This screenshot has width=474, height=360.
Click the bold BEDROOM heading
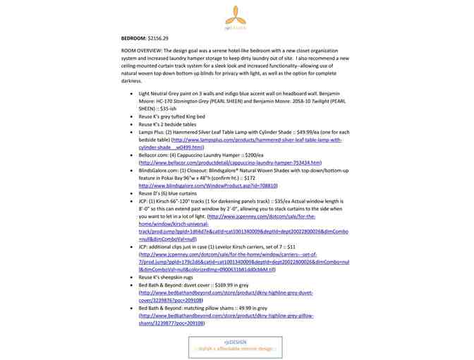(x=133, y=37)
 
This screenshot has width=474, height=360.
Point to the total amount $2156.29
(x=158, y=37)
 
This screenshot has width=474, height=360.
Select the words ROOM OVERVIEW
(x=140, y=52)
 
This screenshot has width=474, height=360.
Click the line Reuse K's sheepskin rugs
(x=169, y=278)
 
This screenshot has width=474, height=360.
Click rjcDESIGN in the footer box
(x=236, y=342)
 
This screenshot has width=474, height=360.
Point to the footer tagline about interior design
(x=236, y=349)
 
